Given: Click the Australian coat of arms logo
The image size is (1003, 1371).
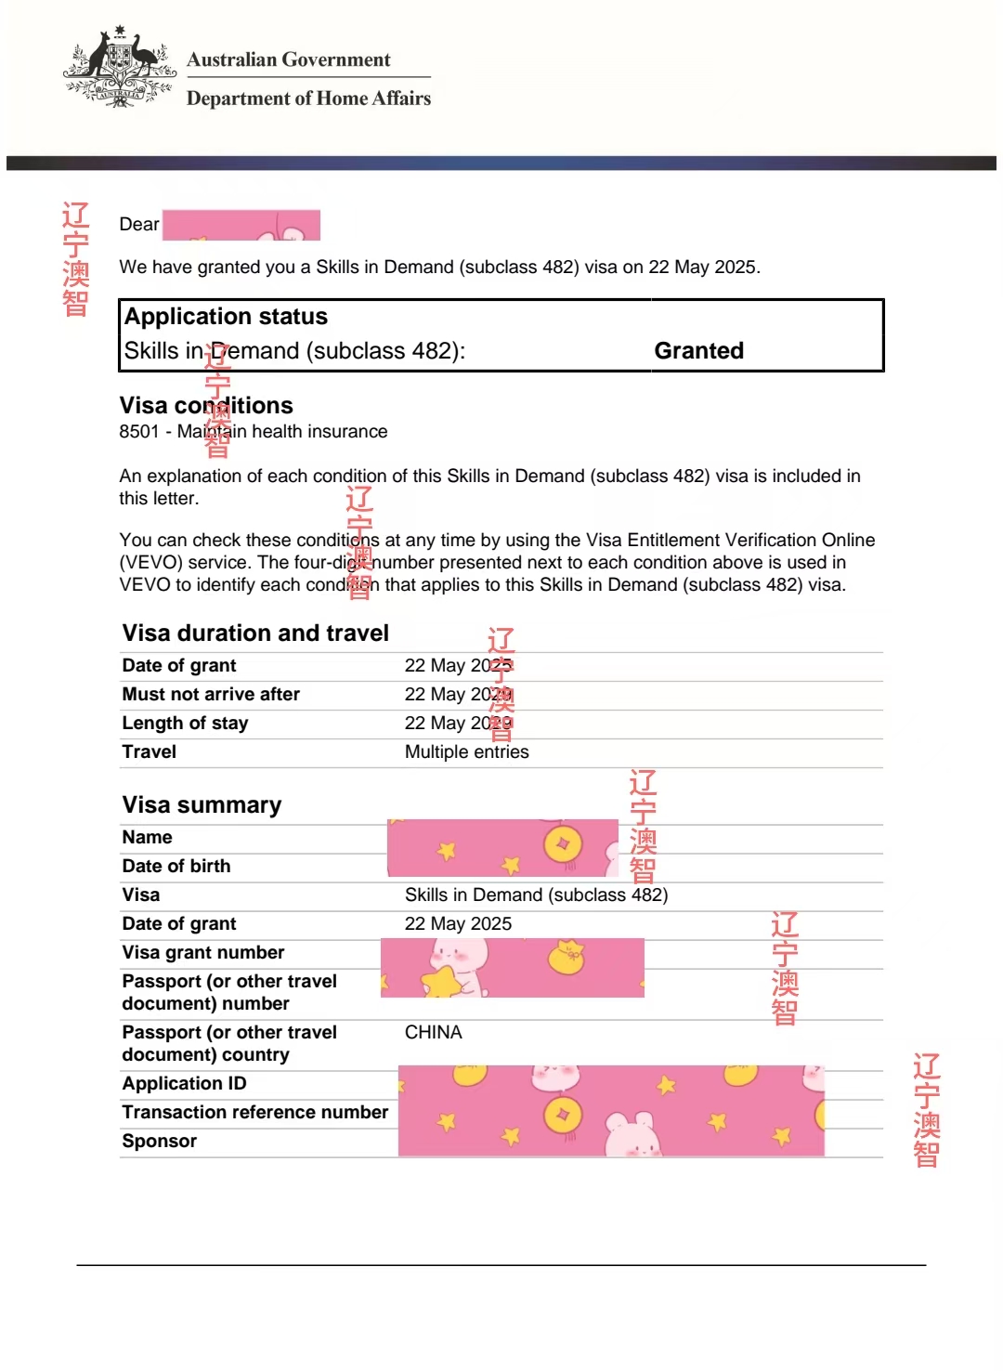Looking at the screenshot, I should click(120, 68).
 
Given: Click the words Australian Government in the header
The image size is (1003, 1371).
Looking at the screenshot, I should click(289, 59).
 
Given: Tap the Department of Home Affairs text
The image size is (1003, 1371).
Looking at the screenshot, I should click(308, 98).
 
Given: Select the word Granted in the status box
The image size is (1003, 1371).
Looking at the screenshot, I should click(698, 351).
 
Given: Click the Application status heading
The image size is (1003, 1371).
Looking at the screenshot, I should click(226, 317).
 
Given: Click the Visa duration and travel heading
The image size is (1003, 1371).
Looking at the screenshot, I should click(255, 633).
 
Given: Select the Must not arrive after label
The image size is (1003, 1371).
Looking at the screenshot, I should click(211, 695).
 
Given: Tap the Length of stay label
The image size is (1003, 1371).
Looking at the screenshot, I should click(185, 724).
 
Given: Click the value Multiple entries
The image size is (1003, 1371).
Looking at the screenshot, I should click(466, 752).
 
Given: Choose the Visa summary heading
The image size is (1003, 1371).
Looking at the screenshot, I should click(202, 805).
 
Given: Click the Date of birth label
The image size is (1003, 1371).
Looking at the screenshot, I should click(176, 867).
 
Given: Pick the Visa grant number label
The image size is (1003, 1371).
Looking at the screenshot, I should click(202, 953).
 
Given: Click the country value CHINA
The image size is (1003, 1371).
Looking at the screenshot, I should click(433, 1033).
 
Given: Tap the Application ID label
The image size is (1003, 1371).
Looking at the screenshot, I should click(184, 1084).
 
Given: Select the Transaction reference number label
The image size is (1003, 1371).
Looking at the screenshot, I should click(254, 1113).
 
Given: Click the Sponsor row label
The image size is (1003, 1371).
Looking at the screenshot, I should click(159, 1142).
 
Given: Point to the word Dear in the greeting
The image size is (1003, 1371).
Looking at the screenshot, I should click(139, 225).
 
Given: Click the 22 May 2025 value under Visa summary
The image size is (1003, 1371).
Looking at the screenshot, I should click(458, 924).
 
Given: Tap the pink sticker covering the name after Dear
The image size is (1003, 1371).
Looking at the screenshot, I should click(241, 225).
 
